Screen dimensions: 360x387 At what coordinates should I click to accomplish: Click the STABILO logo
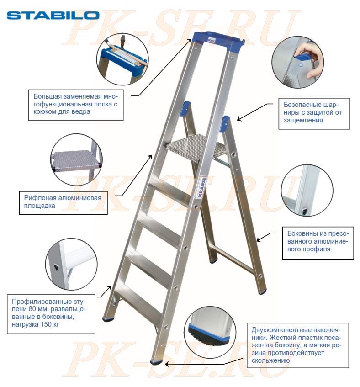[53, 15]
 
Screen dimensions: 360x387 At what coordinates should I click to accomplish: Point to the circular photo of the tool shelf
[122, 59]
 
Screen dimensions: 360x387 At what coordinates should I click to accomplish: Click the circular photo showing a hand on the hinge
[298, 62]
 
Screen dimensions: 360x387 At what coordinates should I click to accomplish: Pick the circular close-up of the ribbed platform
[77, 159]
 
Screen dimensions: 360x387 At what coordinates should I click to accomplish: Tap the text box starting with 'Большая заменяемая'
[76, 105]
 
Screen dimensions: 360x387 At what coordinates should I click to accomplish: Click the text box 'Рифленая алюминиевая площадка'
[63, 202]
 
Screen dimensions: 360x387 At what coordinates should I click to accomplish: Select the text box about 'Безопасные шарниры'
[314, 113]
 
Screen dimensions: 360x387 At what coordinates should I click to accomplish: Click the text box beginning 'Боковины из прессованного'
[318, 243]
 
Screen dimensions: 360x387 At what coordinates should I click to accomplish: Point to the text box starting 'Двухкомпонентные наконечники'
[298, 345]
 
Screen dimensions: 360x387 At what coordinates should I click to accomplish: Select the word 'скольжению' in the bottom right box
[270, 360]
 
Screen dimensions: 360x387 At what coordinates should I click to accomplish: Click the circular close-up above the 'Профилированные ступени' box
[71, 264]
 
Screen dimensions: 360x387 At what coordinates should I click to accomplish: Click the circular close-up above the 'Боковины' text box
[307, 190]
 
